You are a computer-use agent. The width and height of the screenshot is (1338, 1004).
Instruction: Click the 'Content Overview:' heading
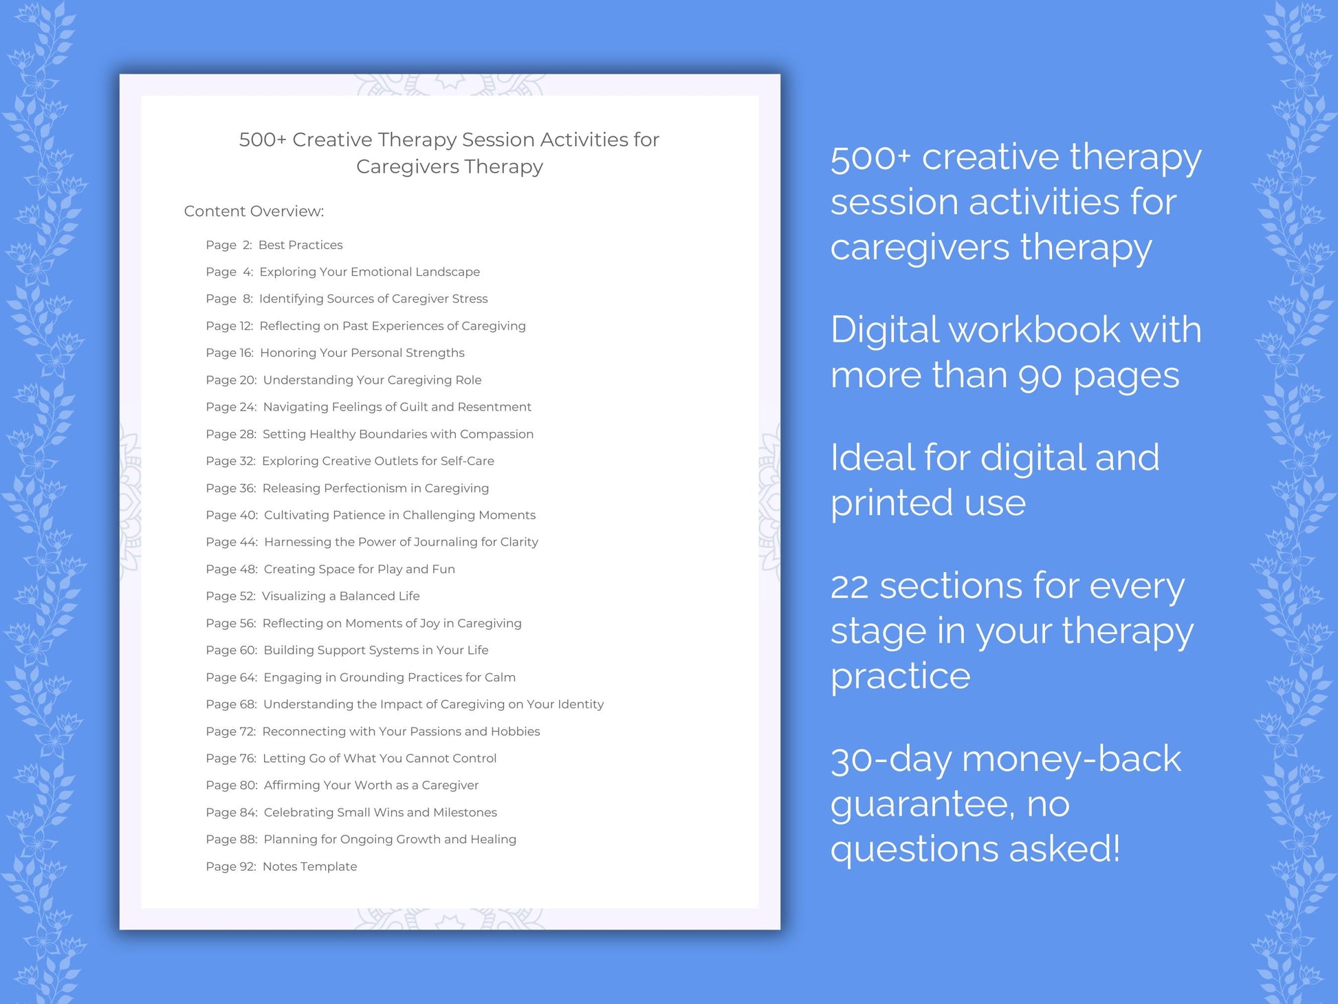pyautogui.click(x=254, y=211)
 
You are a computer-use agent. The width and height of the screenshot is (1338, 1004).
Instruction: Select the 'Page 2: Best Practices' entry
pyautogui.click(x=274, y=245)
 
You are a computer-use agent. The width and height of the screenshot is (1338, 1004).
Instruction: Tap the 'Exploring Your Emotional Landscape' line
pyautogui.click(x=369, y=272)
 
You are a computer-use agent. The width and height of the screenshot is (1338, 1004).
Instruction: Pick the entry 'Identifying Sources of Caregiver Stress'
pyautogui.click(x=373, y=298)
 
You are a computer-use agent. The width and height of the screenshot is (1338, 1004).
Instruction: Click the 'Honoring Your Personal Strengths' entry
pyautogui.click(x=362, y=353)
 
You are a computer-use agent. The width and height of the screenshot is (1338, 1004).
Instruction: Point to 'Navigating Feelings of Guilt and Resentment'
pyautogui.click(x=397, y=407)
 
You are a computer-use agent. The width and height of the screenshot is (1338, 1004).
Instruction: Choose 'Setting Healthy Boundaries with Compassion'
pyautogui.click(x=397, y=434)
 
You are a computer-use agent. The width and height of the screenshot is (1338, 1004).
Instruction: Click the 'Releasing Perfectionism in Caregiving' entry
pyautogui.click(x=375, y=488)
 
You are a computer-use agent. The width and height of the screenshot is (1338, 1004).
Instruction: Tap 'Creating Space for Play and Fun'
pyautogui.click(x=359, y=569)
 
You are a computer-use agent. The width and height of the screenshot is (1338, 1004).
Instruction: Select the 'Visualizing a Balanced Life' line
pyautogui.click(x=340, y=596)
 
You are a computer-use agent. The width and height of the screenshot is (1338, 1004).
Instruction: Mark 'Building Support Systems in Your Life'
pyautogui.click(x=375, y=650)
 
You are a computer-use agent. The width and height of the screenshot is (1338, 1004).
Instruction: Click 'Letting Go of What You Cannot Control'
pyautogui.click(x=379, y=758)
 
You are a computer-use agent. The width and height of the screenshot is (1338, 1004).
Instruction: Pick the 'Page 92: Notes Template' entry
pyautogui.click(x=281, y=866)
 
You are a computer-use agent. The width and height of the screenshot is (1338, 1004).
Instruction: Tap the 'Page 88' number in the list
pyautogui.click(x=231, y=839)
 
